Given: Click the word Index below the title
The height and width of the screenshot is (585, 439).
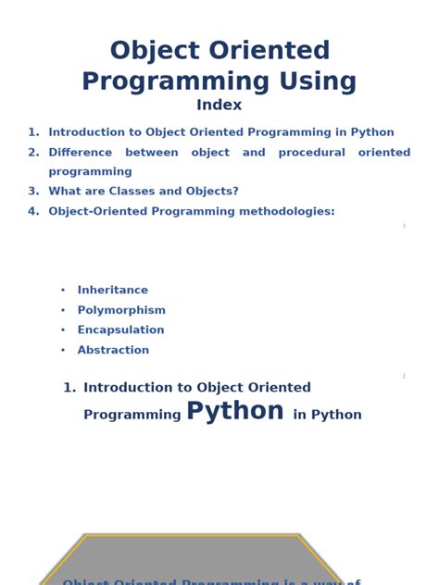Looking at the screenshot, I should point(219,106).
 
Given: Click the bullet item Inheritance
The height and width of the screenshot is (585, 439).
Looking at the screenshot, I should point(112,291).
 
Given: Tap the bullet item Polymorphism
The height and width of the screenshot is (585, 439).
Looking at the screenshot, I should point(121,311).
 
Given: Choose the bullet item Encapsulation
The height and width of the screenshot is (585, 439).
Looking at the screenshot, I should point(120,330).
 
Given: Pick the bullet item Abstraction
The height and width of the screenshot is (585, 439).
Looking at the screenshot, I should point(113,351).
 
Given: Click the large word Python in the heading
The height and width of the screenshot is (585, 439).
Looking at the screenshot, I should point(235,411).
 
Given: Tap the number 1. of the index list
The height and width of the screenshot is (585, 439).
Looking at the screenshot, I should point(33,132).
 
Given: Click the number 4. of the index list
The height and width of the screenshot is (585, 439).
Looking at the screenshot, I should point(33,212).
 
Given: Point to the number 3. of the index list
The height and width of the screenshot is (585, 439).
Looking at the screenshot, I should point(33,192).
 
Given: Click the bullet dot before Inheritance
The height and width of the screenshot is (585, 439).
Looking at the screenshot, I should point(63,291).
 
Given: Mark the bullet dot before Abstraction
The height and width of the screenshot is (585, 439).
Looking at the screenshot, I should point(63,351).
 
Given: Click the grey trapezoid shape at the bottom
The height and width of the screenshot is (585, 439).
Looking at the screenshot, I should point(192,560).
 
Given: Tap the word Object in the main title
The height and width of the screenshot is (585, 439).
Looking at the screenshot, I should point(154,51).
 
